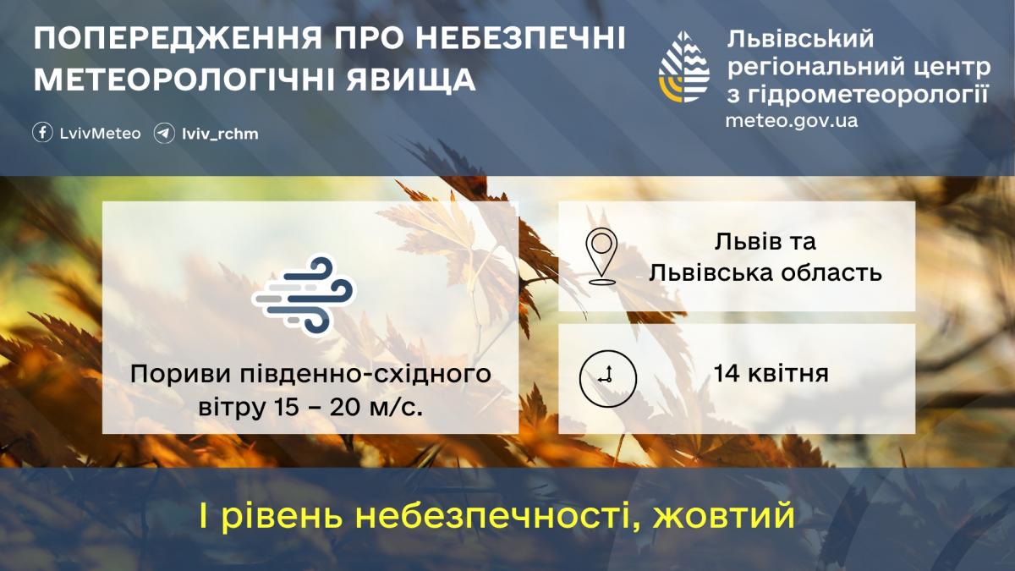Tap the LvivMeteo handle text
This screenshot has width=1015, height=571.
(x=100, y=134)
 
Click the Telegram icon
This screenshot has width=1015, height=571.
(x=164, y=133)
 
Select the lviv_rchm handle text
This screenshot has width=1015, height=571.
(x=220, y=134)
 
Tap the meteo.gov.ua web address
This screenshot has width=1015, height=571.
(x=791, y=120)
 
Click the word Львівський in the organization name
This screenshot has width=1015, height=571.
(x=799, y=38)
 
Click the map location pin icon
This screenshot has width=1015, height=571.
(x=601, y=256)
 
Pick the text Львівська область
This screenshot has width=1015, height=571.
(x=765, y=272)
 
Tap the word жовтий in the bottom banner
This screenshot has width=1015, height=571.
(x=724, y=516)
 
